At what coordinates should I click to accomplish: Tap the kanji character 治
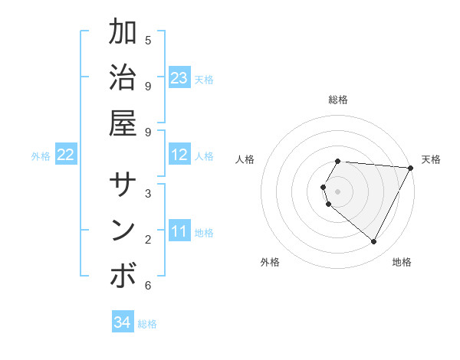[123, 78]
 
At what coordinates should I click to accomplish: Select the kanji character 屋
[123, 124]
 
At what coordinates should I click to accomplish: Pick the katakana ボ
[123, 277]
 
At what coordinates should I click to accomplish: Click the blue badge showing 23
[179, 78]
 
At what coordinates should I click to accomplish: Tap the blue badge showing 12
[179, 155]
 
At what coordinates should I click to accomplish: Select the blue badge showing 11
[179, 232]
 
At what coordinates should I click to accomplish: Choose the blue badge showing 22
[65, 155]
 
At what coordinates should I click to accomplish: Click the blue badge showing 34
[122, 322]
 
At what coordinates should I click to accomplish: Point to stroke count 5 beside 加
[148, 40]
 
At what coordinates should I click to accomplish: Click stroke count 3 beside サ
[148, 193]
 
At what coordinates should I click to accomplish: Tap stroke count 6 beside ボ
[148, 286]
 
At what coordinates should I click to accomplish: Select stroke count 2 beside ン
[148, 239]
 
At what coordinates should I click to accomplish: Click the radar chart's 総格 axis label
[338, 100]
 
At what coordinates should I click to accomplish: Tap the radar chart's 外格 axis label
[270, 263]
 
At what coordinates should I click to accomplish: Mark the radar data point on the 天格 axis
[411, 168]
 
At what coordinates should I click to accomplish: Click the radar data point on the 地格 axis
[374, 241]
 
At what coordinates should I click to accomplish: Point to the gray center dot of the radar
[338, 191]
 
